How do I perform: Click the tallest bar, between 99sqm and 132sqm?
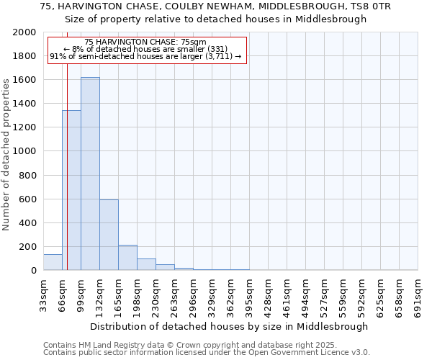coord(90,174)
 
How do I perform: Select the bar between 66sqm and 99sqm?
coord(71,190)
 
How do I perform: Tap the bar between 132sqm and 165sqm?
coord(109,235)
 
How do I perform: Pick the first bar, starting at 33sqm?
coord(53,262)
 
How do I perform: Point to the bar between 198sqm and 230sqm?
coord(146,264)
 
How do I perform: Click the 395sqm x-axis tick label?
coord(249,293)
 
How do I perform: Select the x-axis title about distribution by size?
coord(230,326)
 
